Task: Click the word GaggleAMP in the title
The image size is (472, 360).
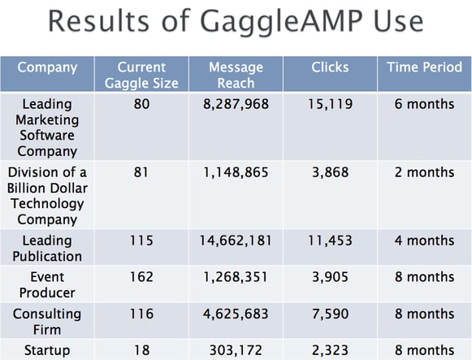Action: (x=281, y=22)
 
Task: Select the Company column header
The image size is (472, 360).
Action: (x=47, y=67)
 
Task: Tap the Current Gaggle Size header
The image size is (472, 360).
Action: (x=141, y=75)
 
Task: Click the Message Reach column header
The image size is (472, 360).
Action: (x=236, y=75)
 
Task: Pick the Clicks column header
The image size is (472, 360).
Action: (x=330, y=67)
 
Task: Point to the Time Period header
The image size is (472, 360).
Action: (x=424, y=67)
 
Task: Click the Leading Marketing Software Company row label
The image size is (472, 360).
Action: (x=47, y=128)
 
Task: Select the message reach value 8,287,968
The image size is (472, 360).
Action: (x=236, y=104)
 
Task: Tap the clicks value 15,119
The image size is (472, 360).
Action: (x=330, y=104)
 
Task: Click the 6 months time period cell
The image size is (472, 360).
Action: (x=424, y=104)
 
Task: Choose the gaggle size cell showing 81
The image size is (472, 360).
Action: (x=141, y=172)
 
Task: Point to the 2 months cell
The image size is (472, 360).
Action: (x=424, y=172)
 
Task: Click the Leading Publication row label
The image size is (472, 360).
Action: (x=47, y=249)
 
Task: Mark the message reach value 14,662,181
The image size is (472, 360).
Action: (x=236, y=241)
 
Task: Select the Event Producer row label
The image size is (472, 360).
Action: (x=47, y=284)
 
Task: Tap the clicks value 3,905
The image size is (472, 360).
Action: (x=330, y=277)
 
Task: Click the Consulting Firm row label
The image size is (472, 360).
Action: (x=47, y=322)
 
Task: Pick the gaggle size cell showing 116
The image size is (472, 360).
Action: (x=141, y=314)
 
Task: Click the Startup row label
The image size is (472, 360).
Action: (x=47, y=350)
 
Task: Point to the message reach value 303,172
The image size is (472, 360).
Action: (x=236, y=350)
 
